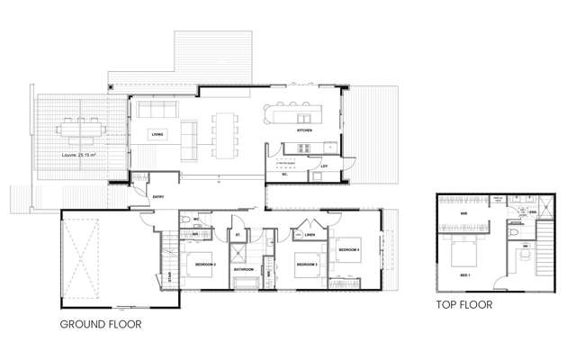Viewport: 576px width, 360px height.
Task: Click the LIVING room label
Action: click(x=157, y=134)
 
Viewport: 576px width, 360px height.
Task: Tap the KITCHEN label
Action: click(x=304, y=131)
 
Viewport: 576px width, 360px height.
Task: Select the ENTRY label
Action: click(x=158, y=195)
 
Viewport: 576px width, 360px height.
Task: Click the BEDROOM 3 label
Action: click(x=309, y=265)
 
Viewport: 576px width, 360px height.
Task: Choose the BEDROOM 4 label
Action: click(x=349, y=247)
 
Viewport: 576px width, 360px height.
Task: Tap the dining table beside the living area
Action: click(x=222, y=131)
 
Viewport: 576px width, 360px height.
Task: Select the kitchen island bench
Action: click(x=289, y=112)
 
